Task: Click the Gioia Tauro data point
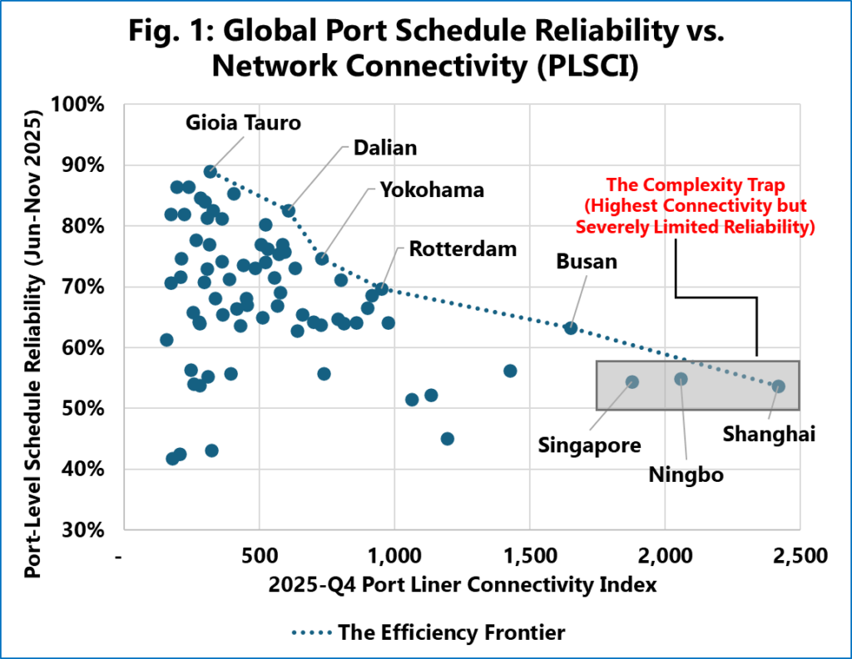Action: point(211,171)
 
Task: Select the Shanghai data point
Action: point(778,386)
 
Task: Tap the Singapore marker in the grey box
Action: point(632,381)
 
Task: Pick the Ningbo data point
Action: point(681,379)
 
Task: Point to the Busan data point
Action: point(571,327)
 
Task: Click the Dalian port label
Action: point(384,147)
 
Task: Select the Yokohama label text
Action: point(431,189)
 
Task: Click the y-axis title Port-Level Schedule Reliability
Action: point(36,317)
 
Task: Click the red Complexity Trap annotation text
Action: point(709,204)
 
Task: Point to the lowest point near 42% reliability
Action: point(172,459)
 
